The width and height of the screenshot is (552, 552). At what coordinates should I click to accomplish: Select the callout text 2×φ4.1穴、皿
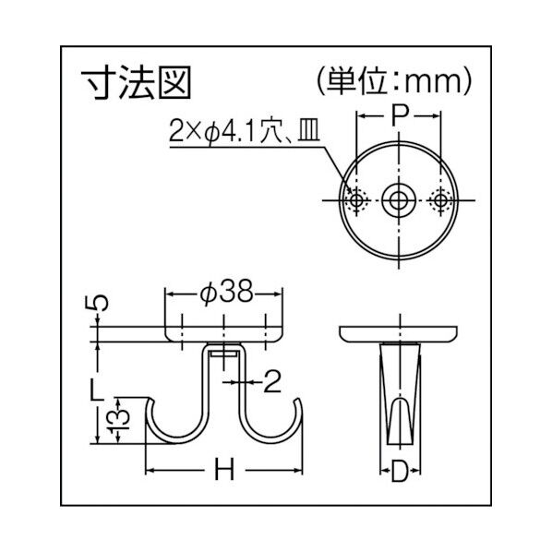click(x=243, y=132)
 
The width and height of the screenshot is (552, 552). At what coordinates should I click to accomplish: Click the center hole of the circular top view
click(x=399, y=199)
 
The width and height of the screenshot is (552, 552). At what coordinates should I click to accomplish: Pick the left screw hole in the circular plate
click(x=356, y=199)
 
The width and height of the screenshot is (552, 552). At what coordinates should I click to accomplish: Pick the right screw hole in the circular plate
click(x=441, y=199)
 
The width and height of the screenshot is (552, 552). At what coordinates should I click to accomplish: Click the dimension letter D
click(x=399, y=474)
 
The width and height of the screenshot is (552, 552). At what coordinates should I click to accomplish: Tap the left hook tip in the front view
click(x=150, y=403)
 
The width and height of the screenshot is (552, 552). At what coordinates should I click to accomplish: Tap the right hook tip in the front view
click(x=299, y=403)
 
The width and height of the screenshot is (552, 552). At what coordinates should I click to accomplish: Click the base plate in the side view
click(x=399, y=333)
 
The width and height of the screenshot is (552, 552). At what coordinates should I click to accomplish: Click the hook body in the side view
click(x=399, y=397)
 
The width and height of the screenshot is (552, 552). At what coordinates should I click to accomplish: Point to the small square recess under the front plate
click(x=224, y=354)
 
